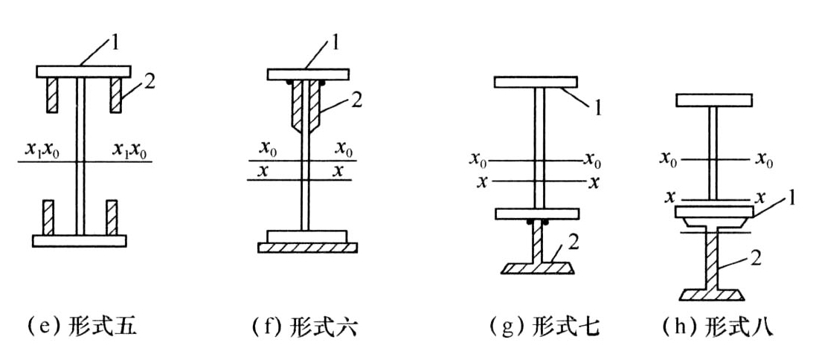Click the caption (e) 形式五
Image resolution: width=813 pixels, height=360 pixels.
coord(82,328)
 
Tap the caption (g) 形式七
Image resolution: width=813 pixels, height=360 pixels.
coord(544,328)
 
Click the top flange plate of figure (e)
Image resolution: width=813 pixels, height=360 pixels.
coord(83,71)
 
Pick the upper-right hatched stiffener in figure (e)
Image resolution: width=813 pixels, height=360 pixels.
coord(115,95)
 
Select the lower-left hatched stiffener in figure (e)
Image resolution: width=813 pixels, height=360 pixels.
coord(48,217)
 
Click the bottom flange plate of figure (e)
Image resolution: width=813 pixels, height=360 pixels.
coord(80,241)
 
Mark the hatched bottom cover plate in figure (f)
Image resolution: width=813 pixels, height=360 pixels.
coord(307,248)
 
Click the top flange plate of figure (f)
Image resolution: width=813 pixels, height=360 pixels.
coord(307,74)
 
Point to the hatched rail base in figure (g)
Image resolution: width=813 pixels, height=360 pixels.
coord(537,268)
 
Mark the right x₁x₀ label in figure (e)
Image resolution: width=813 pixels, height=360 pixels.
coord(129,151)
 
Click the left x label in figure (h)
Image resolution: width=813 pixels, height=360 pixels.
coord(670,197)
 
